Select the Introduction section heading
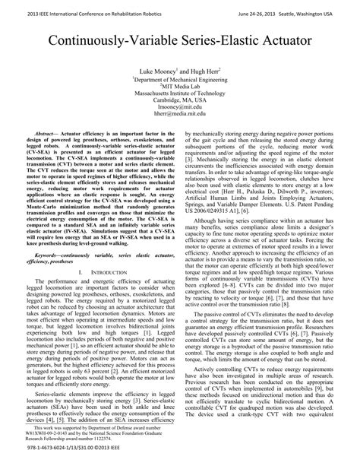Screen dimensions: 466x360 [104, 271]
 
